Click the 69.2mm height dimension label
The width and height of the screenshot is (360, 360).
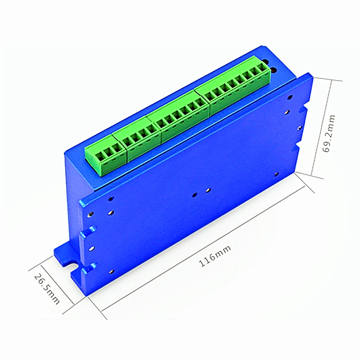329,134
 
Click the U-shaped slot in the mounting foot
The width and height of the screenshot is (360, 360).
71,262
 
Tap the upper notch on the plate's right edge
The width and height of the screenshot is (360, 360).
305,109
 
